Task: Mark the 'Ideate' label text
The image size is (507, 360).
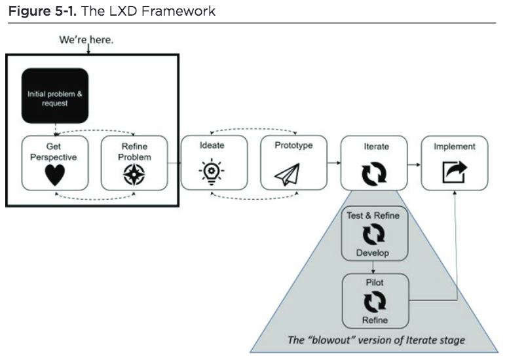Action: [214, 145]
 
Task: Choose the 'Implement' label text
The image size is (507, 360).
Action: [454, 146]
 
